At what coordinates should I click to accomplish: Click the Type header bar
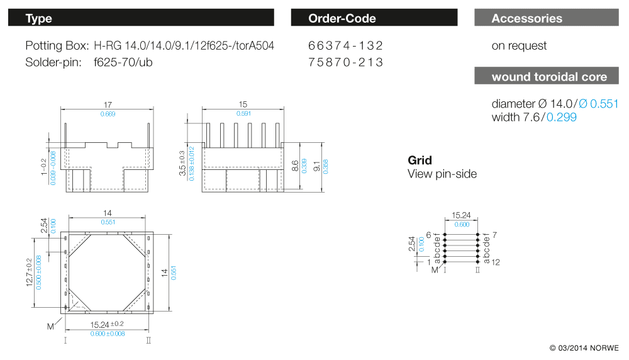141,18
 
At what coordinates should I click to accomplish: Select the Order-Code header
374,18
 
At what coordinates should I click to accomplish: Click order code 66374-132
346,46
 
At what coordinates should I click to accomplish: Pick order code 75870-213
346,62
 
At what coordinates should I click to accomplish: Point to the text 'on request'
519,46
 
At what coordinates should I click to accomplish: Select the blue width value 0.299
561,117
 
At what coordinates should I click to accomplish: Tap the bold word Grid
420,160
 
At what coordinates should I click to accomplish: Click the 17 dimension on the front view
108,104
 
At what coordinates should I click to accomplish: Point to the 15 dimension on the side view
243,104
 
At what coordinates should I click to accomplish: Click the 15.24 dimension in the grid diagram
462,215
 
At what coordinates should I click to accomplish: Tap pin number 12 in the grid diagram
496,262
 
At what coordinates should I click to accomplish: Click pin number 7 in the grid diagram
495,235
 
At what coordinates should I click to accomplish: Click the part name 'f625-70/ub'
123,62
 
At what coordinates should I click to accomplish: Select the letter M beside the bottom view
51,326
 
